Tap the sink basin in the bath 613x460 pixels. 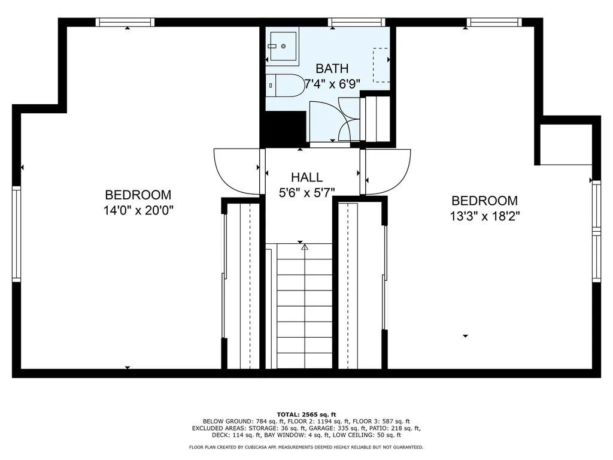(283, 46)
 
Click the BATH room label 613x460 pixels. (332, 68)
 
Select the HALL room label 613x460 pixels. (307, 177)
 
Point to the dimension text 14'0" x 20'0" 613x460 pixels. (138, 210)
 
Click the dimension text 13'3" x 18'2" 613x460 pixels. (485, 216)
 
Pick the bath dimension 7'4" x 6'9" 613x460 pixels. (332, 84)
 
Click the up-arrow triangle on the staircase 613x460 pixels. (305, 247)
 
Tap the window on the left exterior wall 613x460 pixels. (16, 234)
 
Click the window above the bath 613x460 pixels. (357, 22)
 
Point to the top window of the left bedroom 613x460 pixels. (125, 22)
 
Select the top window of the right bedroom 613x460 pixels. (494, 22)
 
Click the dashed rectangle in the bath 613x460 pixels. (381, 65)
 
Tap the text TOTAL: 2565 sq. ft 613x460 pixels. (306, 414)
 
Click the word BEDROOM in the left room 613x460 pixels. (138, 195)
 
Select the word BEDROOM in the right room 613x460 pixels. (485, 201)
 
